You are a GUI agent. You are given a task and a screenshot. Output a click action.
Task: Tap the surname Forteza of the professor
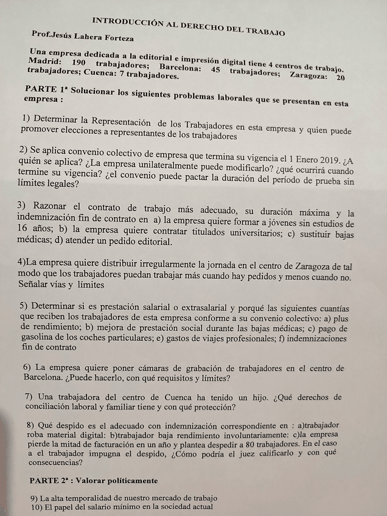tap(116, 38)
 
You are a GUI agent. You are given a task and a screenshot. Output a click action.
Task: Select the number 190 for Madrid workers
tap(81, 63)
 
